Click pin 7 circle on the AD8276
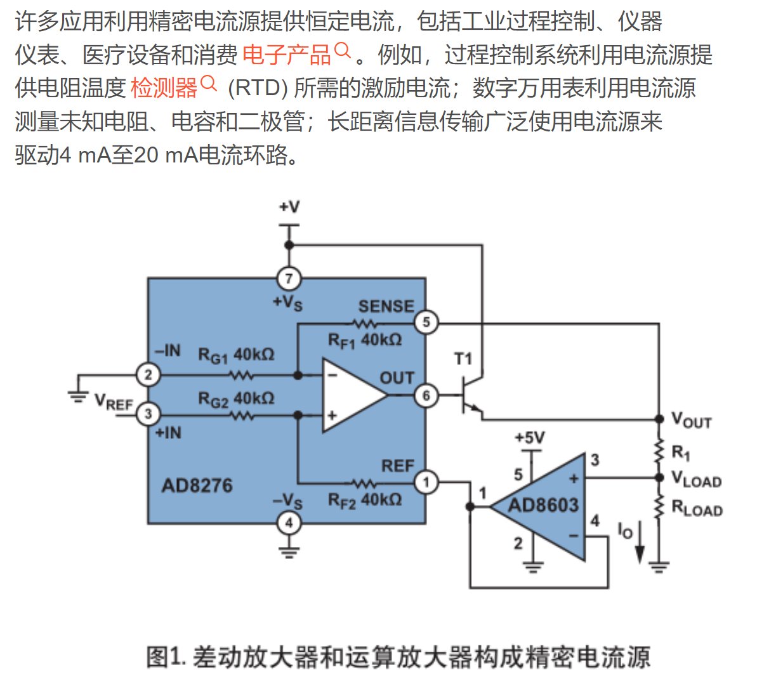(289, 278)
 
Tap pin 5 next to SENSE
(426, 322)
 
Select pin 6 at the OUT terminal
(426, 396)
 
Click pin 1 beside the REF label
(426, 483)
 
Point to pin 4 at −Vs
(289, 523)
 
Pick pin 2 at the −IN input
(148, 374)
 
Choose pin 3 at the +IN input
(148, 414)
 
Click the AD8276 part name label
(197, 486)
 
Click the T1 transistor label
(463, 359)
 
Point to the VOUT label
(691, 420)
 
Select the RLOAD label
(697, 509)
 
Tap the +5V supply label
(529, 438)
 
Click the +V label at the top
(289, 207)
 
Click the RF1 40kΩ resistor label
(365, 341)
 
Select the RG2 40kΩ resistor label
(236, 399)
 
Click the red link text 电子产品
(287, 55)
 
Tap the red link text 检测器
(164, 88)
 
